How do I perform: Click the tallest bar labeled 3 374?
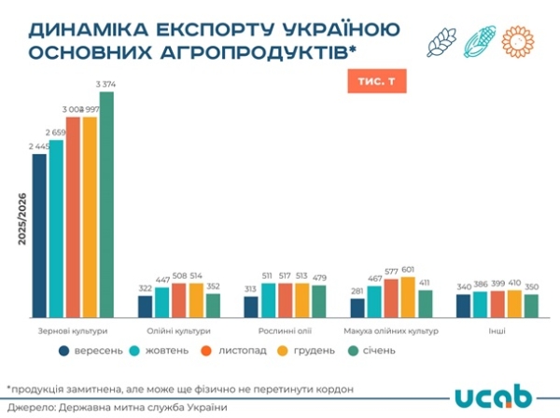[x=106, y=204]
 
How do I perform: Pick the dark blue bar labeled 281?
[x=357, y=308]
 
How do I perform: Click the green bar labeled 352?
[x=213, y=306]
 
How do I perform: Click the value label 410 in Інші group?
[x=513, y=282]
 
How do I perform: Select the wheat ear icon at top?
[x=442, y=43]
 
